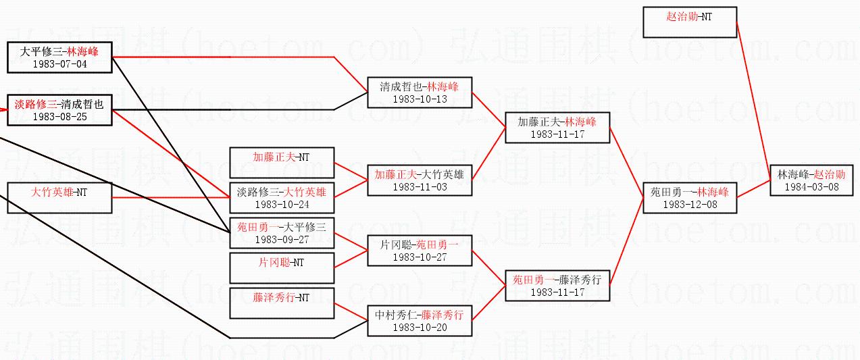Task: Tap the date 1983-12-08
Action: coord(689,204)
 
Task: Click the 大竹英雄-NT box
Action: coord(59,197)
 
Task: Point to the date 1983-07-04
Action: coord(59,64)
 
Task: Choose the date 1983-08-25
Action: coord(59,117)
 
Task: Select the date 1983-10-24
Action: coord(282,204)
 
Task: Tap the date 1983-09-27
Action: coord(282,239)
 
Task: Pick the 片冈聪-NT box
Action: coord(282,267)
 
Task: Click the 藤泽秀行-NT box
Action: coord(282,303)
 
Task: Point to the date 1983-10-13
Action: coord(420,99)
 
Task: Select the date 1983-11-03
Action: coord(420,187)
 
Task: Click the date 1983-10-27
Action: coord(420,257)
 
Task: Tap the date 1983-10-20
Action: coord(420,328)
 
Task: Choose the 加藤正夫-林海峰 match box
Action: coord(557,127)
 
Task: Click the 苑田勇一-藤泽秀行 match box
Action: coord(557,285)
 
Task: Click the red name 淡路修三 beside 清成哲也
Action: coord(36,104)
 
